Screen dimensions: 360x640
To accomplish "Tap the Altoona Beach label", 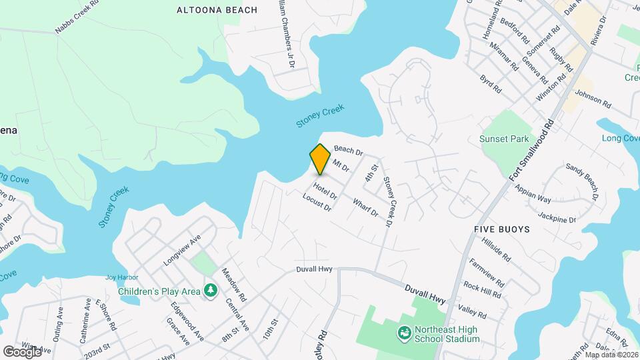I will click(x=207, y=10).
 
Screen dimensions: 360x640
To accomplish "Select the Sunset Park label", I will click(x=504, y=139).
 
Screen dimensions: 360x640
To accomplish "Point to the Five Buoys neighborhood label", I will click(x=501, y=229).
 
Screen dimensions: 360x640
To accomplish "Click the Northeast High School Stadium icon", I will click(x=404, y=332).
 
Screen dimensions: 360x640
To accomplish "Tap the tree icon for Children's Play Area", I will click(x=211, y=290).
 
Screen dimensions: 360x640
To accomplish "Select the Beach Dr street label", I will click(x=348, y=151).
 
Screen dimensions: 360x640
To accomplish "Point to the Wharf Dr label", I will click(x=365, y=208).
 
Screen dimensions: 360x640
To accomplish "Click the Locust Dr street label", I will click(x=317, y=203).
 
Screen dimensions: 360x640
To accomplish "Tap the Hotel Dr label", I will click(x=325, y=192).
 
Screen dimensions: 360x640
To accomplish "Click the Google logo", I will click(x=21, y=351).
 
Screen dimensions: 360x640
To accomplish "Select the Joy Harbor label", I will click(x=120, y=277).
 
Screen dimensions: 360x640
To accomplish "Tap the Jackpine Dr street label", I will click(x=557, y=217).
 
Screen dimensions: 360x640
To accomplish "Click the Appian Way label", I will click(x=533, y=194).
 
